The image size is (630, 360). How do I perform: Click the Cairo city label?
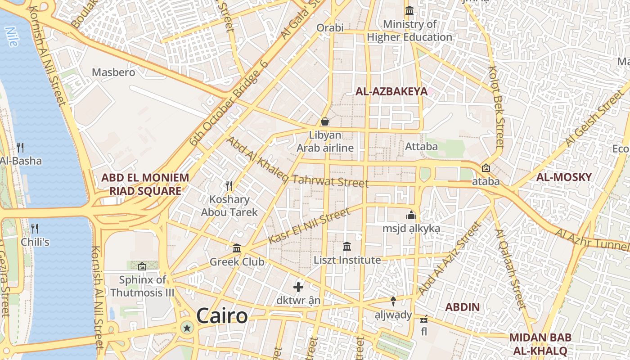[222, 316]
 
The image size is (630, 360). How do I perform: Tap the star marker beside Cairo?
[187, 328]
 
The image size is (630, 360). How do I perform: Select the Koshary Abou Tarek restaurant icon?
[229, 185]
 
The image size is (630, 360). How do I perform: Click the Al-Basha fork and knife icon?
[20, 147]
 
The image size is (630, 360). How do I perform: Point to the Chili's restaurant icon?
[35, 228]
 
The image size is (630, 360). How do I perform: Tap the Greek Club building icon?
[237, 248]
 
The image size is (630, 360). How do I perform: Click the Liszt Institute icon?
[346, 246]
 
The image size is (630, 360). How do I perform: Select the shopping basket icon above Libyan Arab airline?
[324, 121]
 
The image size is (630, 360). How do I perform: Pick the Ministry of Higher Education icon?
[409, 10]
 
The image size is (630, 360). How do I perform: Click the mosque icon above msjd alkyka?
[411, 215]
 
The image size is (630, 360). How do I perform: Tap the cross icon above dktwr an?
[298, 287]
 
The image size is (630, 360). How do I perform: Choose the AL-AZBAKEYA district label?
[391, 92]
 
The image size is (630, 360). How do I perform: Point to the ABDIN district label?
[462, 307]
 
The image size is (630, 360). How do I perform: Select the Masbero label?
[113, 72]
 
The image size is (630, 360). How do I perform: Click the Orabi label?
[330, 27]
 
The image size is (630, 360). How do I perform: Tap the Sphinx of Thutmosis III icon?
[142, 266]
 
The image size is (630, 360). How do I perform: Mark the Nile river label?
[11, 37]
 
